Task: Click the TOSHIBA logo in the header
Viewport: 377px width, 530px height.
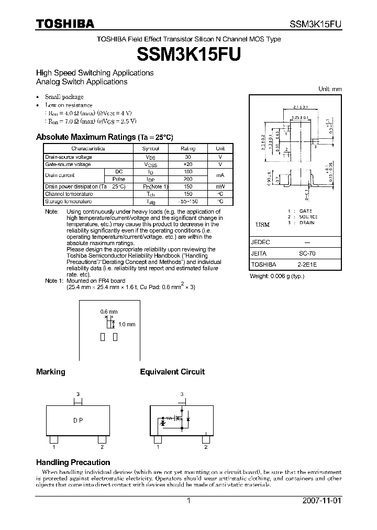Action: click(x=65, y=24)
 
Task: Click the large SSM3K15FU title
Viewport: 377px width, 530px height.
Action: click(x=188, y=54)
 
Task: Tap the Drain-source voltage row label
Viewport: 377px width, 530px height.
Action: click(x=69, y=157)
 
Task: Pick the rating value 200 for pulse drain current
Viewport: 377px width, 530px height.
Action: click(x=188, y=179)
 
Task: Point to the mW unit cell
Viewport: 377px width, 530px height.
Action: click(x=220, y=186)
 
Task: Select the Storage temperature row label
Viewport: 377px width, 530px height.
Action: click(x=69, y=201)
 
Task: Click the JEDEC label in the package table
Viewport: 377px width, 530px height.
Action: click(x=261, y=242)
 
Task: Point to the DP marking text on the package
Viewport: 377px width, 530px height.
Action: click(x=78, y=420)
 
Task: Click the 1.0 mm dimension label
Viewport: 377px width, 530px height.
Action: click(x=127, y=324)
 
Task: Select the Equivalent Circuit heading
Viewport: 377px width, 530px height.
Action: click(x=172, y=372)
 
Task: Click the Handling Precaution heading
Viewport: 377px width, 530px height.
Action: click(x=73, y=462)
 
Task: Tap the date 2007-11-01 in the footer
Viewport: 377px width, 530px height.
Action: click(x=322, y=501)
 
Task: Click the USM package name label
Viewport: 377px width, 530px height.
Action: click(x=262, y=225)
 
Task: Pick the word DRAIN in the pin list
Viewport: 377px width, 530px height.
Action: click(x=307, y=223)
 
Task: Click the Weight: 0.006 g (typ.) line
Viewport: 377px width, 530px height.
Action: click(x=277, y=276)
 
